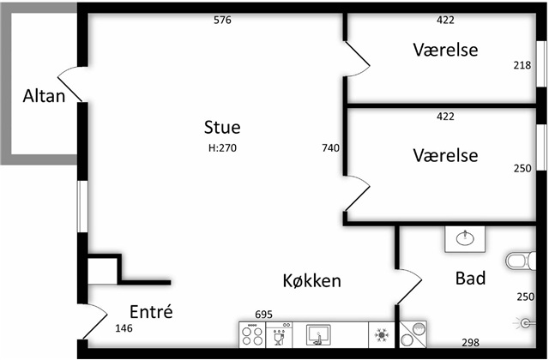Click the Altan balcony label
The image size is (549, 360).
coord(44,96)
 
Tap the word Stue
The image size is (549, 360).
coord(222,128)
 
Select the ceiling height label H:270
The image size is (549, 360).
coord(222,147)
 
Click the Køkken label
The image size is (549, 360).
coord(312,280)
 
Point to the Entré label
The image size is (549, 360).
coord(151,311)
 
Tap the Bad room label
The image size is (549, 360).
coord(470,279)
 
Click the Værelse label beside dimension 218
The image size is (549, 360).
coord(444,50)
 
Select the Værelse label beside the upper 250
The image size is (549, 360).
coord(444,155)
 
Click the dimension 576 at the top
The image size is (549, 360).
coord(222,20)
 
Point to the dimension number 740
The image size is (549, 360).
coord(331,147)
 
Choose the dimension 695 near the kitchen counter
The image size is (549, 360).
coord(263,315)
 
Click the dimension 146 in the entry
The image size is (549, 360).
coord(125,328)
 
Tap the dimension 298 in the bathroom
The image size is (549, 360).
coord(470,342)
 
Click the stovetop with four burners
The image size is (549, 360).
coord(253,334)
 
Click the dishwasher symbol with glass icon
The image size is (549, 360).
coord(281,334)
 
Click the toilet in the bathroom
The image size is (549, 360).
coord(518,260)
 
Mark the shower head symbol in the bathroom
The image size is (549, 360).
coord(527,323)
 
